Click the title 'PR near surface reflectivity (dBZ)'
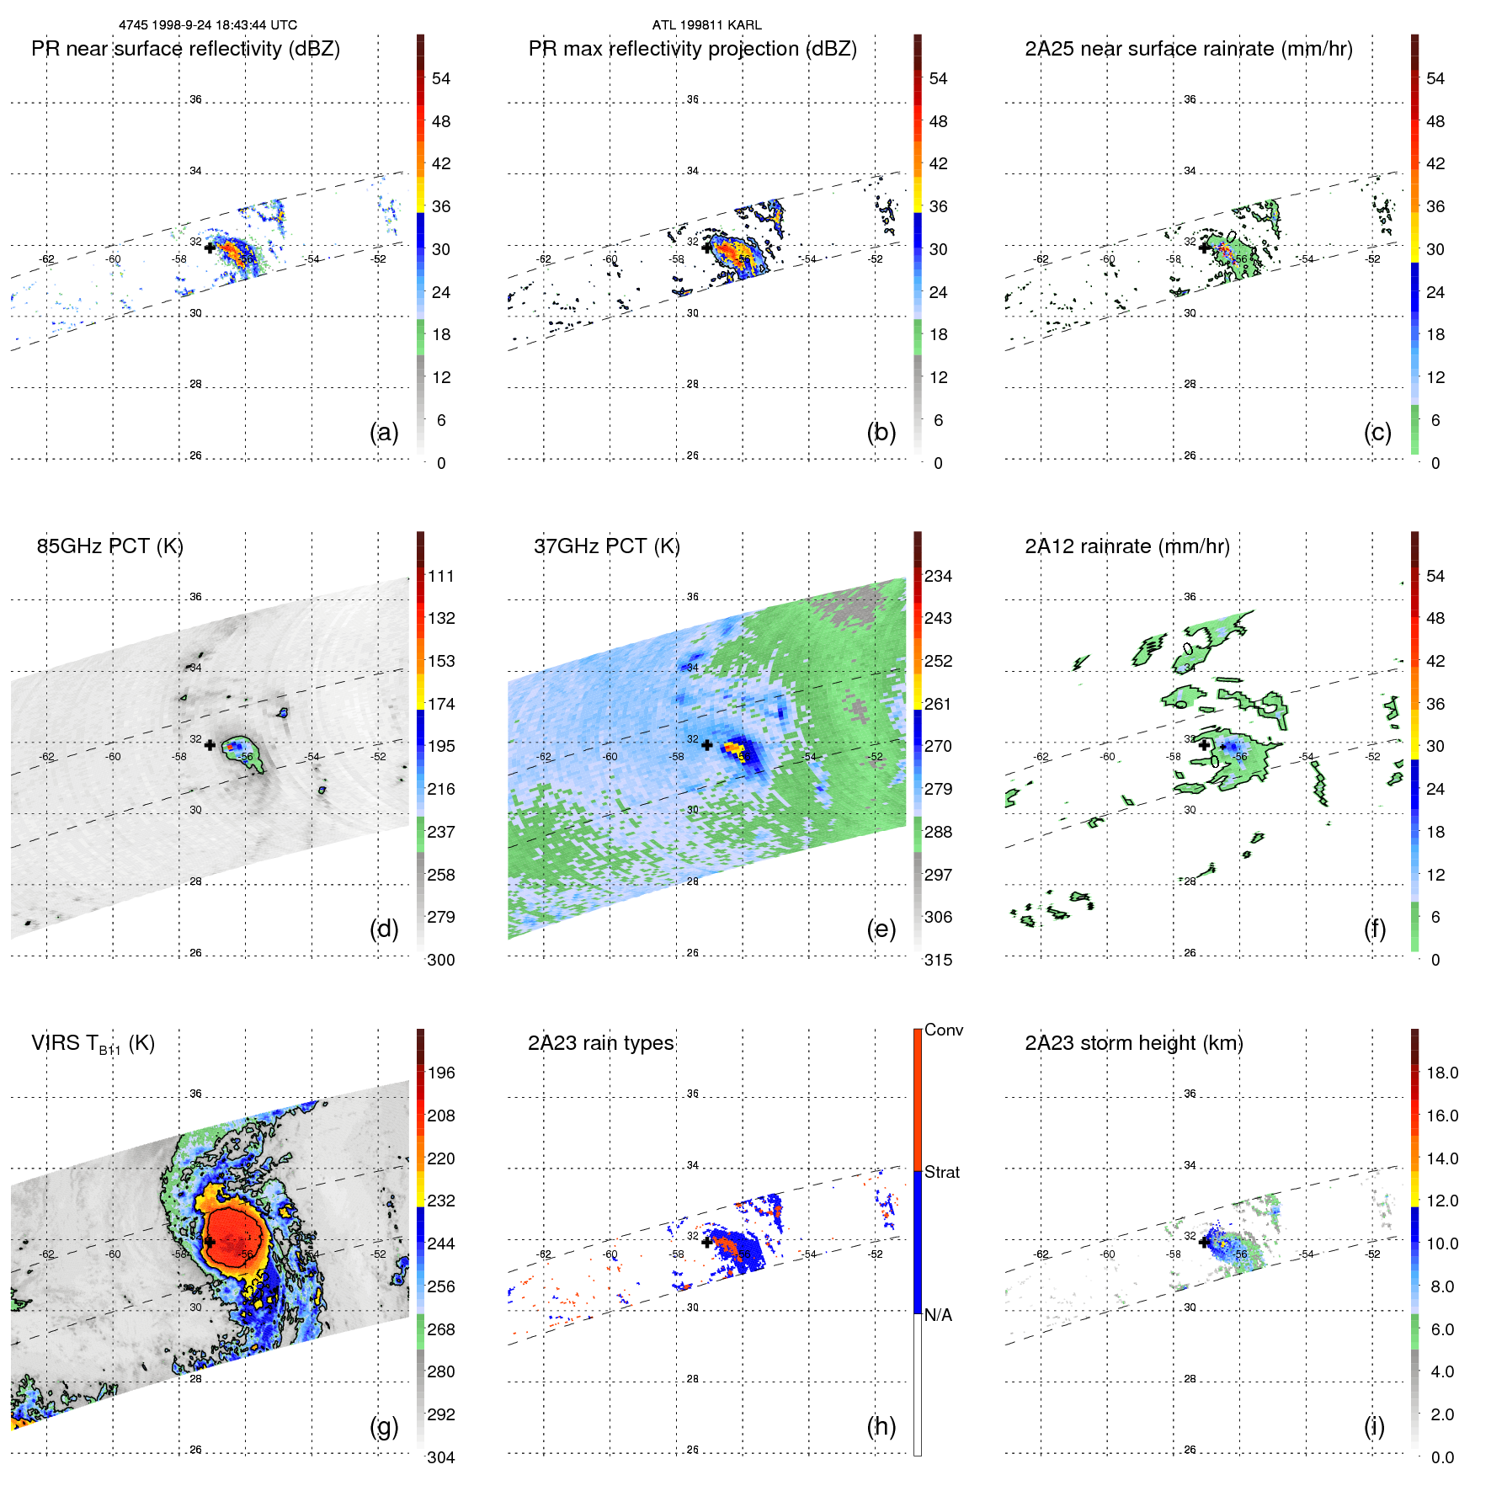click(x=185, y=49)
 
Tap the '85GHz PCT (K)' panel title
click(x=109, y=546)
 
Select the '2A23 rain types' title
click(x=600, y=1043)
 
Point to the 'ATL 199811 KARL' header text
click(x=706, y=25)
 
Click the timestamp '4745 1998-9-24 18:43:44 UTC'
click(x=208, y=25)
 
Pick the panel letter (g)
click(x=384, y=1426)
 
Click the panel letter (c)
click(x=1377, y=432)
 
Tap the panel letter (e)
click(x=881, y=929)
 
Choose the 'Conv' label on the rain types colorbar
click(x=943, y=1030)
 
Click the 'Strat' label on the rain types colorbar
click(x=941, y=1172)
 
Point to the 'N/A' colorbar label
click(x=938, y=1315)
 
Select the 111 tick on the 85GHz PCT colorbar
click(x=441, y=576)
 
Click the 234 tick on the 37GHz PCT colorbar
click(x=938, y=576)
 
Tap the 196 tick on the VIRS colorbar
click(x=441, y=1073)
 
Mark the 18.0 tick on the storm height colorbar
click(x=1442, y=1073)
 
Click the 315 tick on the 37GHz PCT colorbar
click(x=938, y=960)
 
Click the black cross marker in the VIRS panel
click(x=210, y=1242)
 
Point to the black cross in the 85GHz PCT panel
click(x=210, y=745)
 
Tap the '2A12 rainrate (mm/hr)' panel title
click(x=1126, y=546)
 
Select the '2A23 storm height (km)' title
click(x=1133, y=1043)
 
